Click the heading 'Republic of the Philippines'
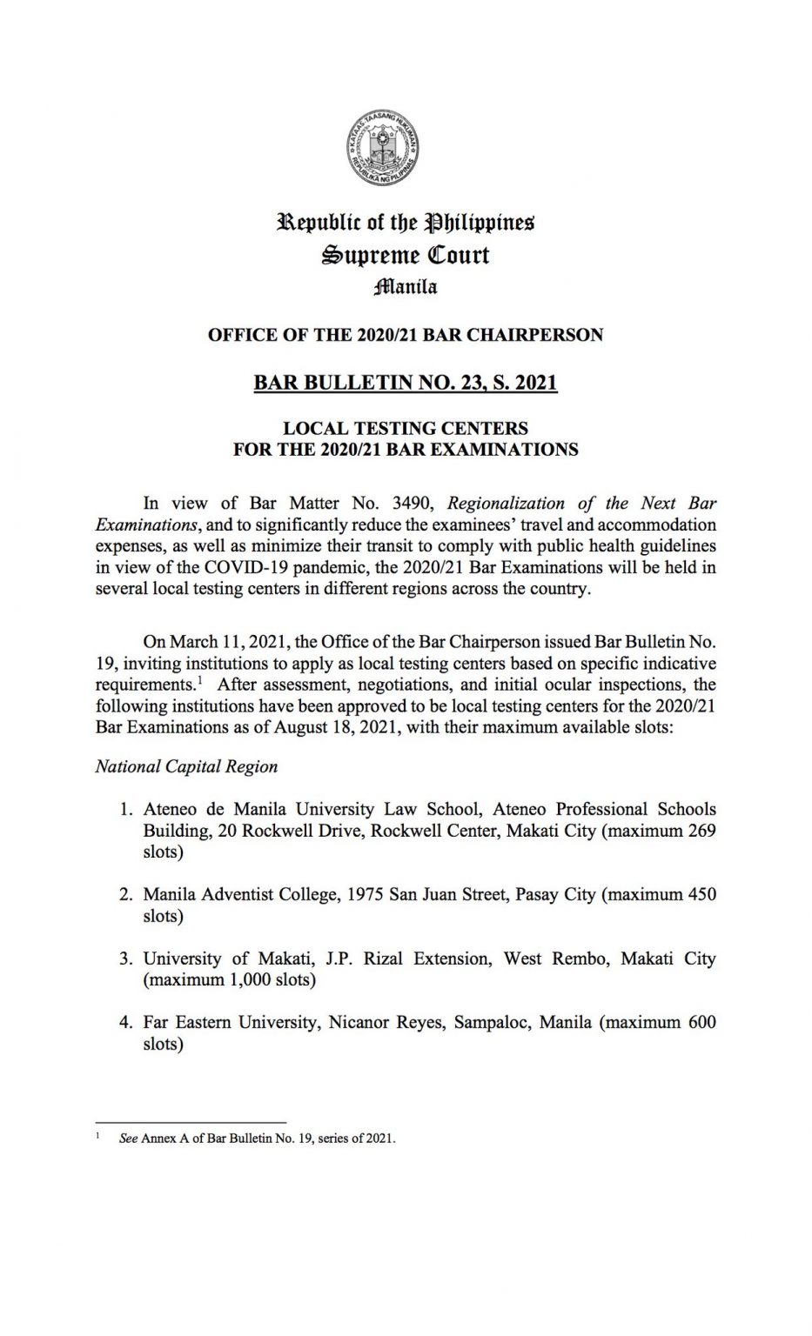coord(406,223)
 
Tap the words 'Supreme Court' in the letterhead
coord(406,255)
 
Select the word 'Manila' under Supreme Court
coord(406,286)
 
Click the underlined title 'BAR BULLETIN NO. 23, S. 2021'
coord(406,382)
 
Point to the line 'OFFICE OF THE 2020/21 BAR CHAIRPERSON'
coord(406,335)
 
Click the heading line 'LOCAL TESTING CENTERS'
coord(406,428)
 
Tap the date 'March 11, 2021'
coord(228,643)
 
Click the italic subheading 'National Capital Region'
coord(186,766)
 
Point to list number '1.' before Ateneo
coord(126,810)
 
